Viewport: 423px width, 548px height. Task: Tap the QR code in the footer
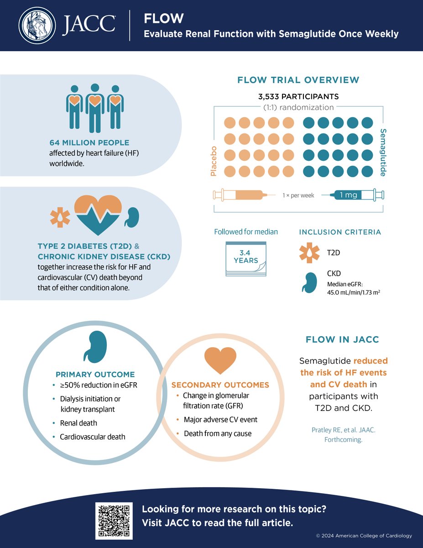[x=114, y=520]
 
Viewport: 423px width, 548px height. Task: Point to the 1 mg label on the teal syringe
[x=349, y=195]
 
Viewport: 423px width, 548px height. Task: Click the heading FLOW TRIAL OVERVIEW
[x=298, y=80]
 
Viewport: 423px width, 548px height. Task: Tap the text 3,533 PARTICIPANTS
[x=298, y=97]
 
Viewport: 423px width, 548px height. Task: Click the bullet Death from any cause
[x=217, y=433]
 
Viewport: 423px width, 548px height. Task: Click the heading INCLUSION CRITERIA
[x=339, y=232]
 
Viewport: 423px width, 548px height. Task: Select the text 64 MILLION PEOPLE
[x=90, y=143]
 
